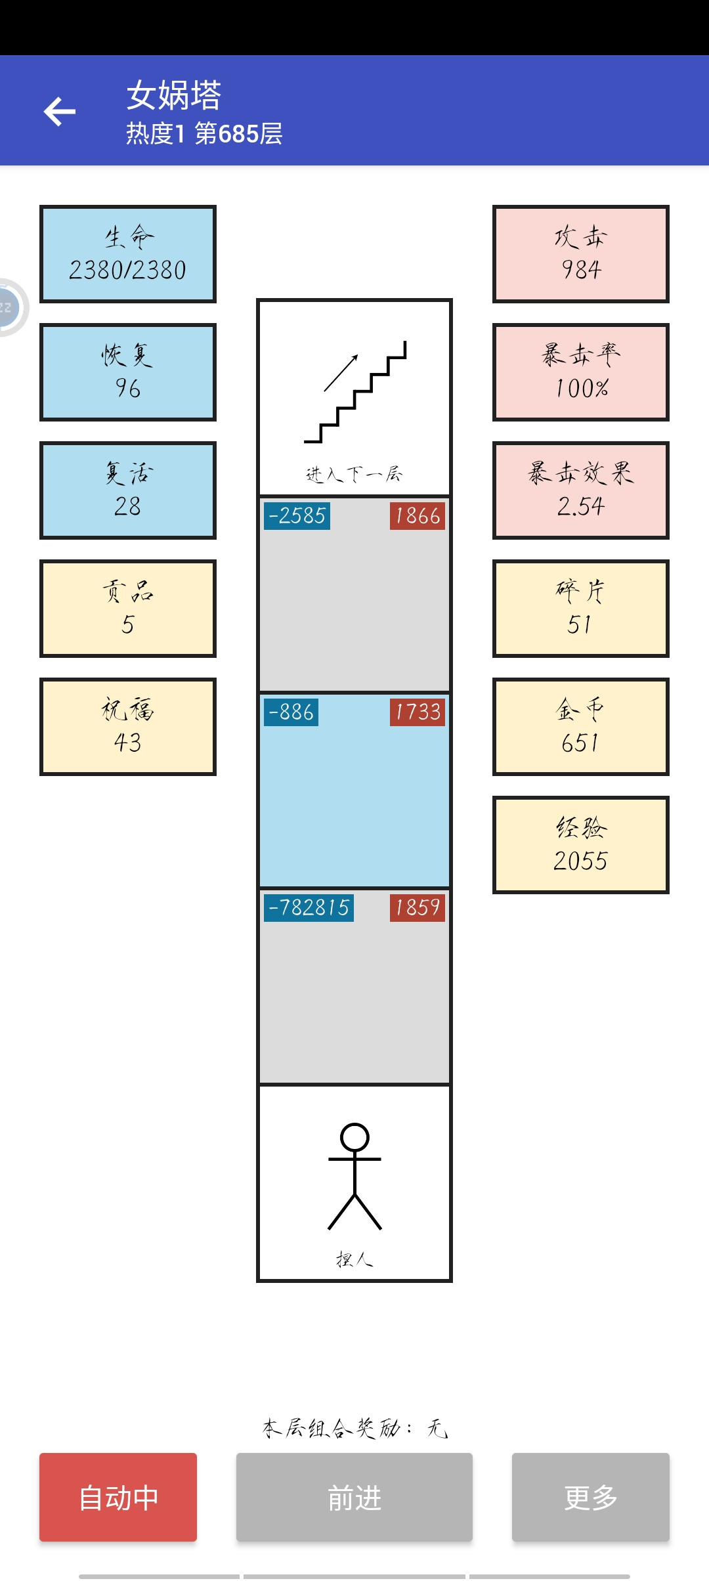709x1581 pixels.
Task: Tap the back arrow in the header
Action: (x=60, y=111)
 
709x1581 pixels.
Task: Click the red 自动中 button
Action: (x=118, y=1497)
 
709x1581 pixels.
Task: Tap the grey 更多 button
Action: (x=591, y=1497)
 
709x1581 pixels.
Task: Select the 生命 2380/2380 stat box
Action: (x=128, y=254)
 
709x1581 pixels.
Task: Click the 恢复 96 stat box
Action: (x=128, y=372)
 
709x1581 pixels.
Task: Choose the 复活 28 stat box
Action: (x=128, y=490)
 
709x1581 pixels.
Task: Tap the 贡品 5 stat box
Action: (x=128, y=609)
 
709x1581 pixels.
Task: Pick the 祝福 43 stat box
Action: (x=128, y=727)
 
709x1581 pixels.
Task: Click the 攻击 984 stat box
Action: (x=581, y=254)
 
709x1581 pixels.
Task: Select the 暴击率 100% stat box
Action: (x=581, y=372)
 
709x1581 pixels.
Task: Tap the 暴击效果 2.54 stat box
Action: (x=581, y=490)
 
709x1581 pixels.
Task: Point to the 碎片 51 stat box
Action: (x=581, y=609)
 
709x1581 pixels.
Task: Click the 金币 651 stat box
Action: (x=581, y=727)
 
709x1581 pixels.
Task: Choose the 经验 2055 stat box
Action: (x=581, y=845)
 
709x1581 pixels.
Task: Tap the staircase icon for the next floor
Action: (x=355, y=392)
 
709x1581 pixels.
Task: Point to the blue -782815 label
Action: (x=309, y=908)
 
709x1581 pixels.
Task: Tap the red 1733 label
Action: (x=418, y=712)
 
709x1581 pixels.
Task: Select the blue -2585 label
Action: (x=297, y=516)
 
